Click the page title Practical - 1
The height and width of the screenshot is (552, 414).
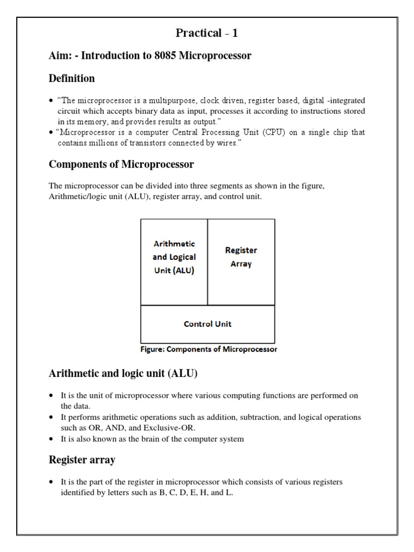[207, 33]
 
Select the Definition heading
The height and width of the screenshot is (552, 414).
[72, 78]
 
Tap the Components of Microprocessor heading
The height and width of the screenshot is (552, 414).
[121, 164]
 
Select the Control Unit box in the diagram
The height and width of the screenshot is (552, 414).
[208, 324]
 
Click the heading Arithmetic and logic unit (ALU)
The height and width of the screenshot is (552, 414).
[123, 373]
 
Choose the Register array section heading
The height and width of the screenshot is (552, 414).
[81, 460]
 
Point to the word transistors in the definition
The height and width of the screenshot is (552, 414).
[139, 143]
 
